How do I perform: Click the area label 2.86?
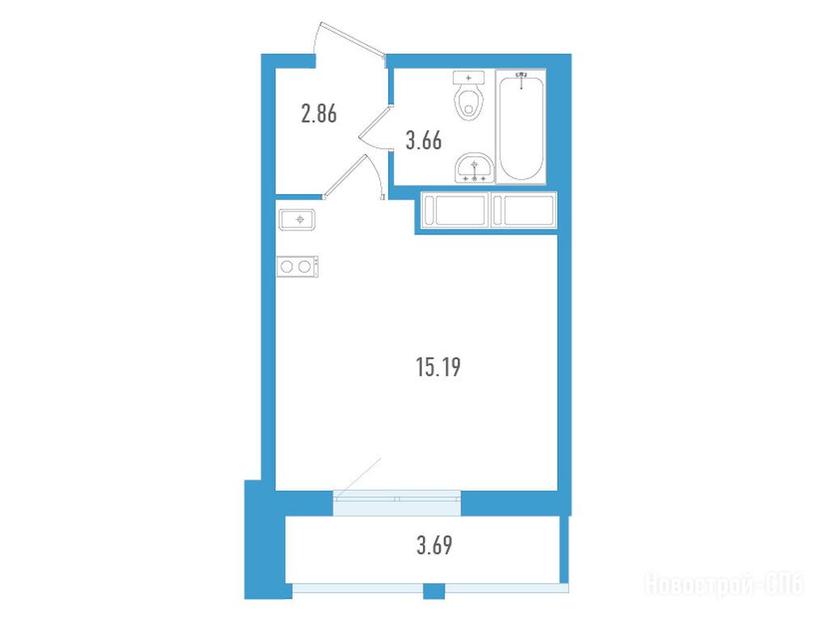click(x=319, y=113)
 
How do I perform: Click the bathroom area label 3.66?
click(x=424, y=141)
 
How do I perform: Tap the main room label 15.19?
click(x=438, y=367)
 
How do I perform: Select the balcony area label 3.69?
click(x=434, y=546)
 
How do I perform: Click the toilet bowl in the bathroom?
click(x=469, y=103)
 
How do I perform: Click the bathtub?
click(x=521, y=126)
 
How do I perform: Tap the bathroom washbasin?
click(x=474, y=167)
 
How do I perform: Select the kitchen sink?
click(x=297, y=220)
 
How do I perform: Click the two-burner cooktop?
click(x=297, y=267)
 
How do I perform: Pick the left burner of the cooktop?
click(x=287, y=267)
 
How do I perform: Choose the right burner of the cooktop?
click(x=304, y=267)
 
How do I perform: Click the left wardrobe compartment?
click(x=456, y=210)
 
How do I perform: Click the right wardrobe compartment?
click(x=524, y=210)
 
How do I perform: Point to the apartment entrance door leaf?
click(x=353, y=40)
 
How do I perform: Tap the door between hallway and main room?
click(x=345, y=176)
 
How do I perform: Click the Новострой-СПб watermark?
click(x=725, y=584)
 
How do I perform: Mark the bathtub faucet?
click(x=521, y=79)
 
